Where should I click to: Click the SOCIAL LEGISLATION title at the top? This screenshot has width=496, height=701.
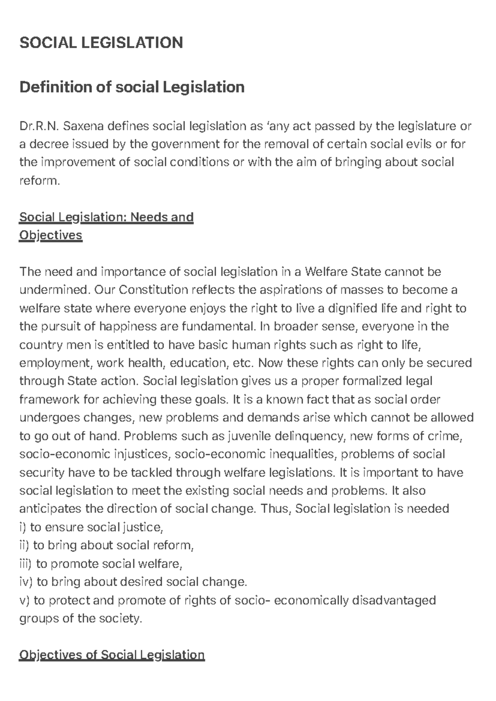point(101,43)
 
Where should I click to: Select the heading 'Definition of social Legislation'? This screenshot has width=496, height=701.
point(132,87)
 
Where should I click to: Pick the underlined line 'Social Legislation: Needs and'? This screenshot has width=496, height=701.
point(106,217)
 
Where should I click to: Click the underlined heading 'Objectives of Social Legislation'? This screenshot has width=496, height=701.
point(112,655)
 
